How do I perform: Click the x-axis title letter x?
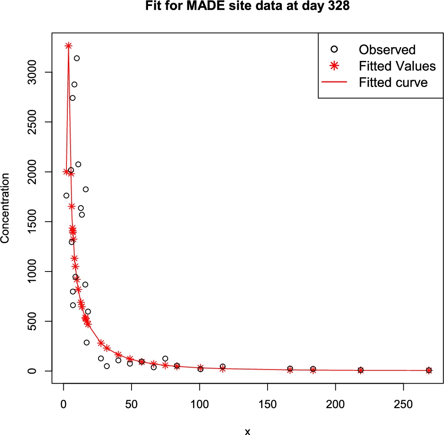point(247,431)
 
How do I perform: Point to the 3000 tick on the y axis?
point(33,72)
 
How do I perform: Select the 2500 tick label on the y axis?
point(33,122)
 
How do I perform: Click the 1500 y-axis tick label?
point(33,222)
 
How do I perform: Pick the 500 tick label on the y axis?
point(33,321)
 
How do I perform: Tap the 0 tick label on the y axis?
point(33,371)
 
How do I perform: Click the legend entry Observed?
point(387,49)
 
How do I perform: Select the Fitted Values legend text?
point(397,66)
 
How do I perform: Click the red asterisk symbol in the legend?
point(334,66)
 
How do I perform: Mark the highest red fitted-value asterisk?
point(68,46)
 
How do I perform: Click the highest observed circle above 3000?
point(77,58)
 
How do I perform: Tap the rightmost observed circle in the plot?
point(429,370)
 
